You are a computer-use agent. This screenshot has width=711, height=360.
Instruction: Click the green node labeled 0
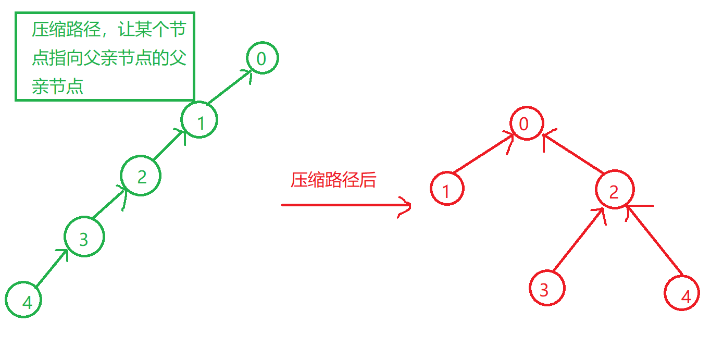(x=262, y=58)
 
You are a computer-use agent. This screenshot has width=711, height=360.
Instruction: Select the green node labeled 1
(x=199, y=120)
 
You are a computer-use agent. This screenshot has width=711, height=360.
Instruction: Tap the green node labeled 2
(x=141, y=176)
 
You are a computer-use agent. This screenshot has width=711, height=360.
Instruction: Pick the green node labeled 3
(x=84, y=238)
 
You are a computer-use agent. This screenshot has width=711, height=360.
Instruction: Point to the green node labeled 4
(x=23, y=299)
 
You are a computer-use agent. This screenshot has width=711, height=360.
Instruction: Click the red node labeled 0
(x=527, y=124)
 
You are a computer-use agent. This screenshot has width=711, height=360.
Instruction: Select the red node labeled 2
(x=615, y=190)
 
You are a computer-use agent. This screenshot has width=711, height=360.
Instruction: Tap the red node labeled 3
(x=546, y=289)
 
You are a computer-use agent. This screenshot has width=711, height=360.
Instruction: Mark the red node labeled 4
(x=682, y=293)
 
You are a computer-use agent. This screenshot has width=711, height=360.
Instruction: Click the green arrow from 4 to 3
(x=52, y=268)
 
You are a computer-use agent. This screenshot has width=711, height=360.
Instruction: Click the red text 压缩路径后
(x=333, y=180)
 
